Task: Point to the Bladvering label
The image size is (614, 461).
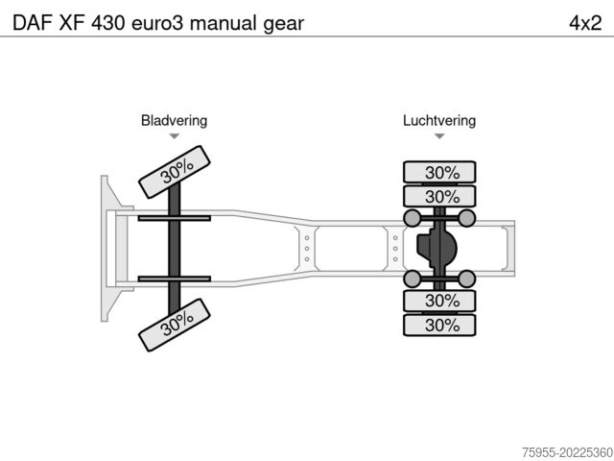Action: click(x=174, y=121)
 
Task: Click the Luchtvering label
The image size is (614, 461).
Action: click(x=439, y=121)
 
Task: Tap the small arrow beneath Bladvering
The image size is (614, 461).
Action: click(x=174, y=136)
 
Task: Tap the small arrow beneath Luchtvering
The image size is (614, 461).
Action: click(x=439, y=136)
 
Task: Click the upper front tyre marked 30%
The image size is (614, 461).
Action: click(x=175, y=170)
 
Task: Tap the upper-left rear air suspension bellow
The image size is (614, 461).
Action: click(x=413, y=219)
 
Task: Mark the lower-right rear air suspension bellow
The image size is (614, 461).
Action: click(x=468, y=279)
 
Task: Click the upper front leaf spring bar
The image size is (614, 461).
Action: click(x=174, y=219)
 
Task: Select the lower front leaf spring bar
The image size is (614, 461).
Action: click(x=174, y=279)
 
